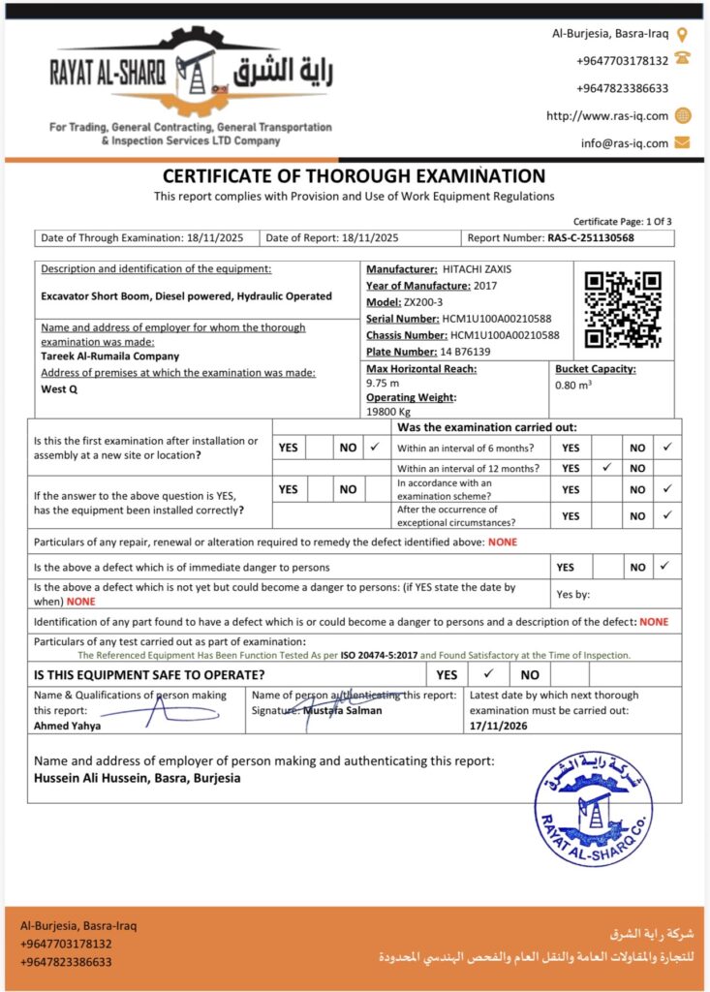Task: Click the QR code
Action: [x=624, y=309]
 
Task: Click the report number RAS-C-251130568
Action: [x=591, y=237]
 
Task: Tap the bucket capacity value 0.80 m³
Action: [x=574, y=384]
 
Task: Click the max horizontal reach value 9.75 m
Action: [x=383, y=383]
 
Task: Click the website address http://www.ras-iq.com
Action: [x=607, y=115]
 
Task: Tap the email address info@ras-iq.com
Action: [x=625, y=142]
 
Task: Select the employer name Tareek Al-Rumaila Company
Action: [x=110, y=356]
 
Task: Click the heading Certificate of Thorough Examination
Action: [x=354, y=176]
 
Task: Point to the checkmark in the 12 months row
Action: [x=605, y=468]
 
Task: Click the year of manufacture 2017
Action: [x=487, y=285]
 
